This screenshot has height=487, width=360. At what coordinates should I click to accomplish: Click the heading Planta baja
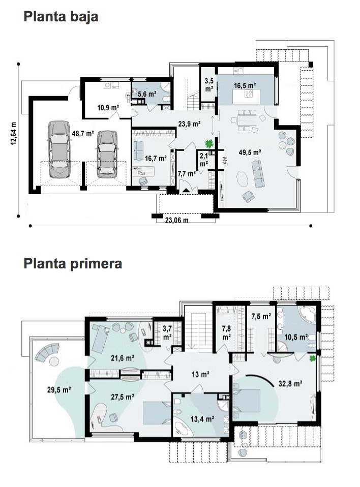click(x=61, y=17)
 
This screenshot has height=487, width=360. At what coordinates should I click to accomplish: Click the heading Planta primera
click(x=73, y=264)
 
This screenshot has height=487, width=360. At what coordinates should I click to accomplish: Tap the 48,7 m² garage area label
click(x=82, y=134)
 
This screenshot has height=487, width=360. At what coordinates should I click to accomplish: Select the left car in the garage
click(x=59, y=149)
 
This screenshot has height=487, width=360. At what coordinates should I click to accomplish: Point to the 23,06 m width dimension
click(x=176, y=220)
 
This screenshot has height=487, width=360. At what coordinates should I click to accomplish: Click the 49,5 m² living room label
click(x=250, y=152)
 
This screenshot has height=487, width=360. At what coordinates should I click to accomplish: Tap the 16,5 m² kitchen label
click(x=245, y=85)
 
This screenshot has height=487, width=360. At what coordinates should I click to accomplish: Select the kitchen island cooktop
click(x=249, y=93)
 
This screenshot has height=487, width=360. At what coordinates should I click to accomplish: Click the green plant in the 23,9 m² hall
click(x=209, y=143)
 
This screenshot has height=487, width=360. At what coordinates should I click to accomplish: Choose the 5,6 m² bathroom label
click(x=147, y=94)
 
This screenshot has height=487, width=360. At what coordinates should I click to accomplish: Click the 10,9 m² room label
click(x=108, y=108)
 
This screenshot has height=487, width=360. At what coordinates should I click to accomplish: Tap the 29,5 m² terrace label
click(x=59, y=389)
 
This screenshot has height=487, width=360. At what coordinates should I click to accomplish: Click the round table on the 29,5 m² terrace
click(x=54, y=361)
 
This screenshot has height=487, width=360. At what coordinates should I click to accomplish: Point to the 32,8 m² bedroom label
click(x=290, y=384)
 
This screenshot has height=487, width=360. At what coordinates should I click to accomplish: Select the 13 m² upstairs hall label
click(x=200, y=374)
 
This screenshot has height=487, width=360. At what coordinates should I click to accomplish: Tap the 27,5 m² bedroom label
click(x=123, y=397)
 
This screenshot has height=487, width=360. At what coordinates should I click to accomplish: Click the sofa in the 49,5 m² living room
click(x=258, y=174)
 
